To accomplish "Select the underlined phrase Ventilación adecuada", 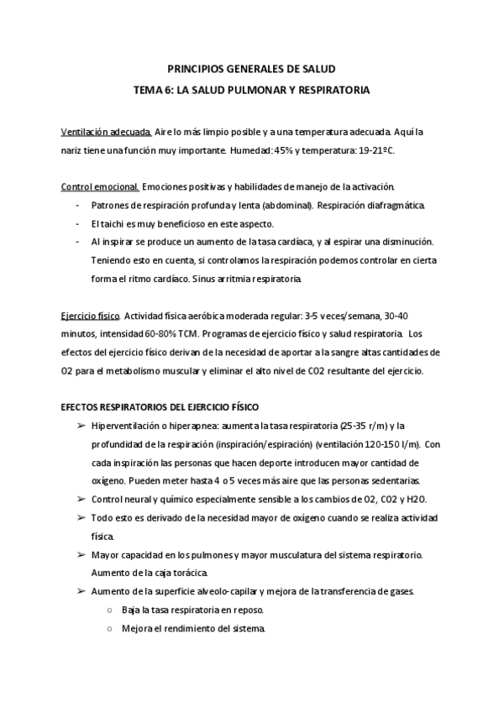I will [107, 133].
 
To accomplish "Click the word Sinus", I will [207, 279].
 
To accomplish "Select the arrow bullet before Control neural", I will [81, 499].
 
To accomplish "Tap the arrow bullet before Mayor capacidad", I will [81, 555].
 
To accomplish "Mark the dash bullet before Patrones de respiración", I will [78, 206].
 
